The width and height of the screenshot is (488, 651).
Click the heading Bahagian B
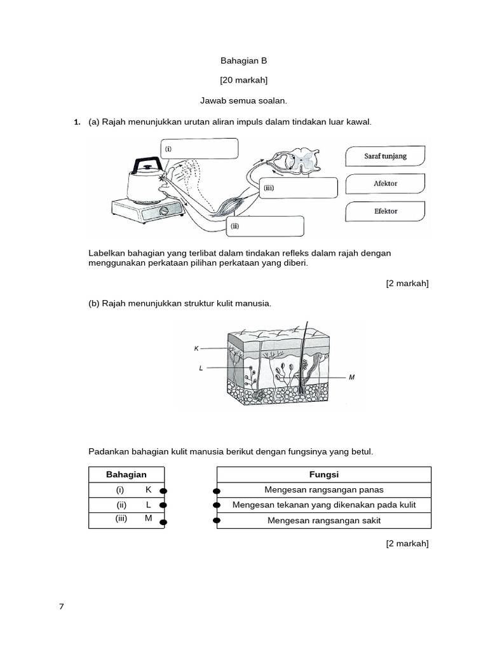point(243,61)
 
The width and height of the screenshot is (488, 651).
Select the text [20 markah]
point(243,80)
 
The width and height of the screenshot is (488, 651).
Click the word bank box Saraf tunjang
point(385,156)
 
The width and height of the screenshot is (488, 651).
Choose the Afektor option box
point(385,184)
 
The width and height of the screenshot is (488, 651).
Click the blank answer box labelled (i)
point(200,149)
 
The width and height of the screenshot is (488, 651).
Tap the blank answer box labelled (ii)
point(267,226)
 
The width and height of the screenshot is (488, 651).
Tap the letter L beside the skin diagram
point(201,368)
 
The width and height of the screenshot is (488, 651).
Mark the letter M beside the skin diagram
point(351,378)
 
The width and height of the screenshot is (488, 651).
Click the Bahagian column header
point(126,475)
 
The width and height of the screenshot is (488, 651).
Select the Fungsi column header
point(324,475)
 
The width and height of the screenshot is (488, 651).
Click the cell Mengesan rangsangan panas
point(324,490)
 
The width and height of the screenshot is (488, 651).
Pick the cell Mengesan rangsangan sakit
point(324,521)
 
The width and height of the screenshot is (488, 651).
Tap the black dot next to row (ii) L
point(163,505)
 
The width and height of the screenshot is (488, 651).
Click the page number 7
point(62,606)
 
